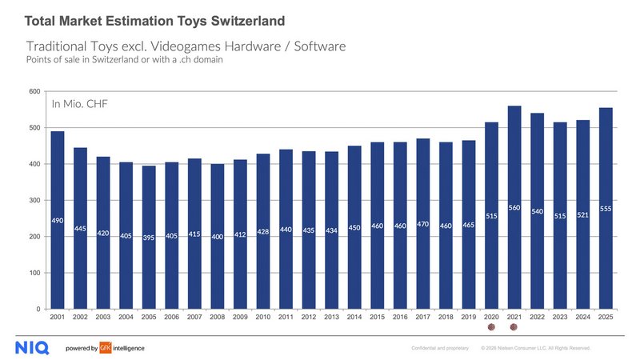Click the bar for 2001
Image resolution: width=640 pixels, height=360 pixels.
(x=58, y=220)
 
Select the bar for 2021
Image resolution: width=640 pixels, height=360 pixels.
(x=514, y=207)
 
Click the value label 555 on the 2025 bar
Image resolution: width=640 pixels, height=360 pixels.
(x=606, y=209)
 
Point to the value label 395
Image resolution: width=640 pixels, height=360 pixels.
(x=149, y=238)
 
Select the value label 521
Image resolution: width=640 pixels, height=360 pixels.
(x=583, y=215)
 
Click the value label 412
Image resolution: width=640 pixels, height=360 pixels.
(x=240, y=234)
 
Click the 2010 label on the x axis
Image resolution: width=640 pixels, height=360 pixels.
(x=263, y=318)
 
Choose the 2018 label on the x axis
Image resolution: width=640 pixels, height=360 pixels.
(x=446, y=318)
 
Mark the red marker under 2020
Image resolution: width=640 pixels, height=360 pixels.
(x=491, y=327)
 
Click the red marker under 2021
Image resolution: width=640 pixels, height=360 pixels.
(x=514, y=327)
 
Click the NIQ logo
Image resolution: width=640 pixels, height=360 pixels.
(x=32, y=348)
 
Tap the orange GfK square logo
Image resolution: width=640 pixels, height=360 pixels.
(x=104, y=348)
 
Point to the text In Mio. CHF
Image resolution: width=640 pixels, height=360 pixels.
(x=80, y=104)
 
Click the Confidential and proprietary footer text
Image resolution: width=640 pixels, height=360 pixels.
(x=438, y=349)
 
